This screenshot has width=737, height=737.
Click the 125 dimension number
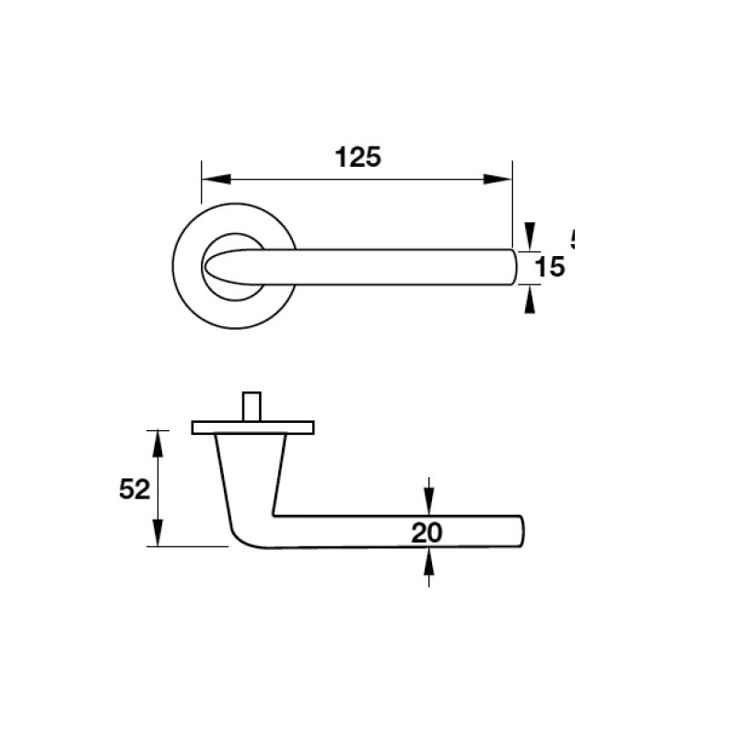(x=357, y=158)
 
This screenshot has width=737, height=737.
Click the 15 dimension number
(x=548, y=267)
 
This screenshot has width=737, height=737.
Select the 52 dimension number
(x=135, y=490)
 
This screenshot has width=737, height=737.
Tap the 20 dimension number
(x=428, y=532)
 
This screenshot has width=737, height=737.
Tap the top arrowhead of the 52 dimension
(x=158, y=443)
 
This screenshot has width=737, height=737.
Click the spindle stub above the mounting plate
(x=252, y=406)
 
